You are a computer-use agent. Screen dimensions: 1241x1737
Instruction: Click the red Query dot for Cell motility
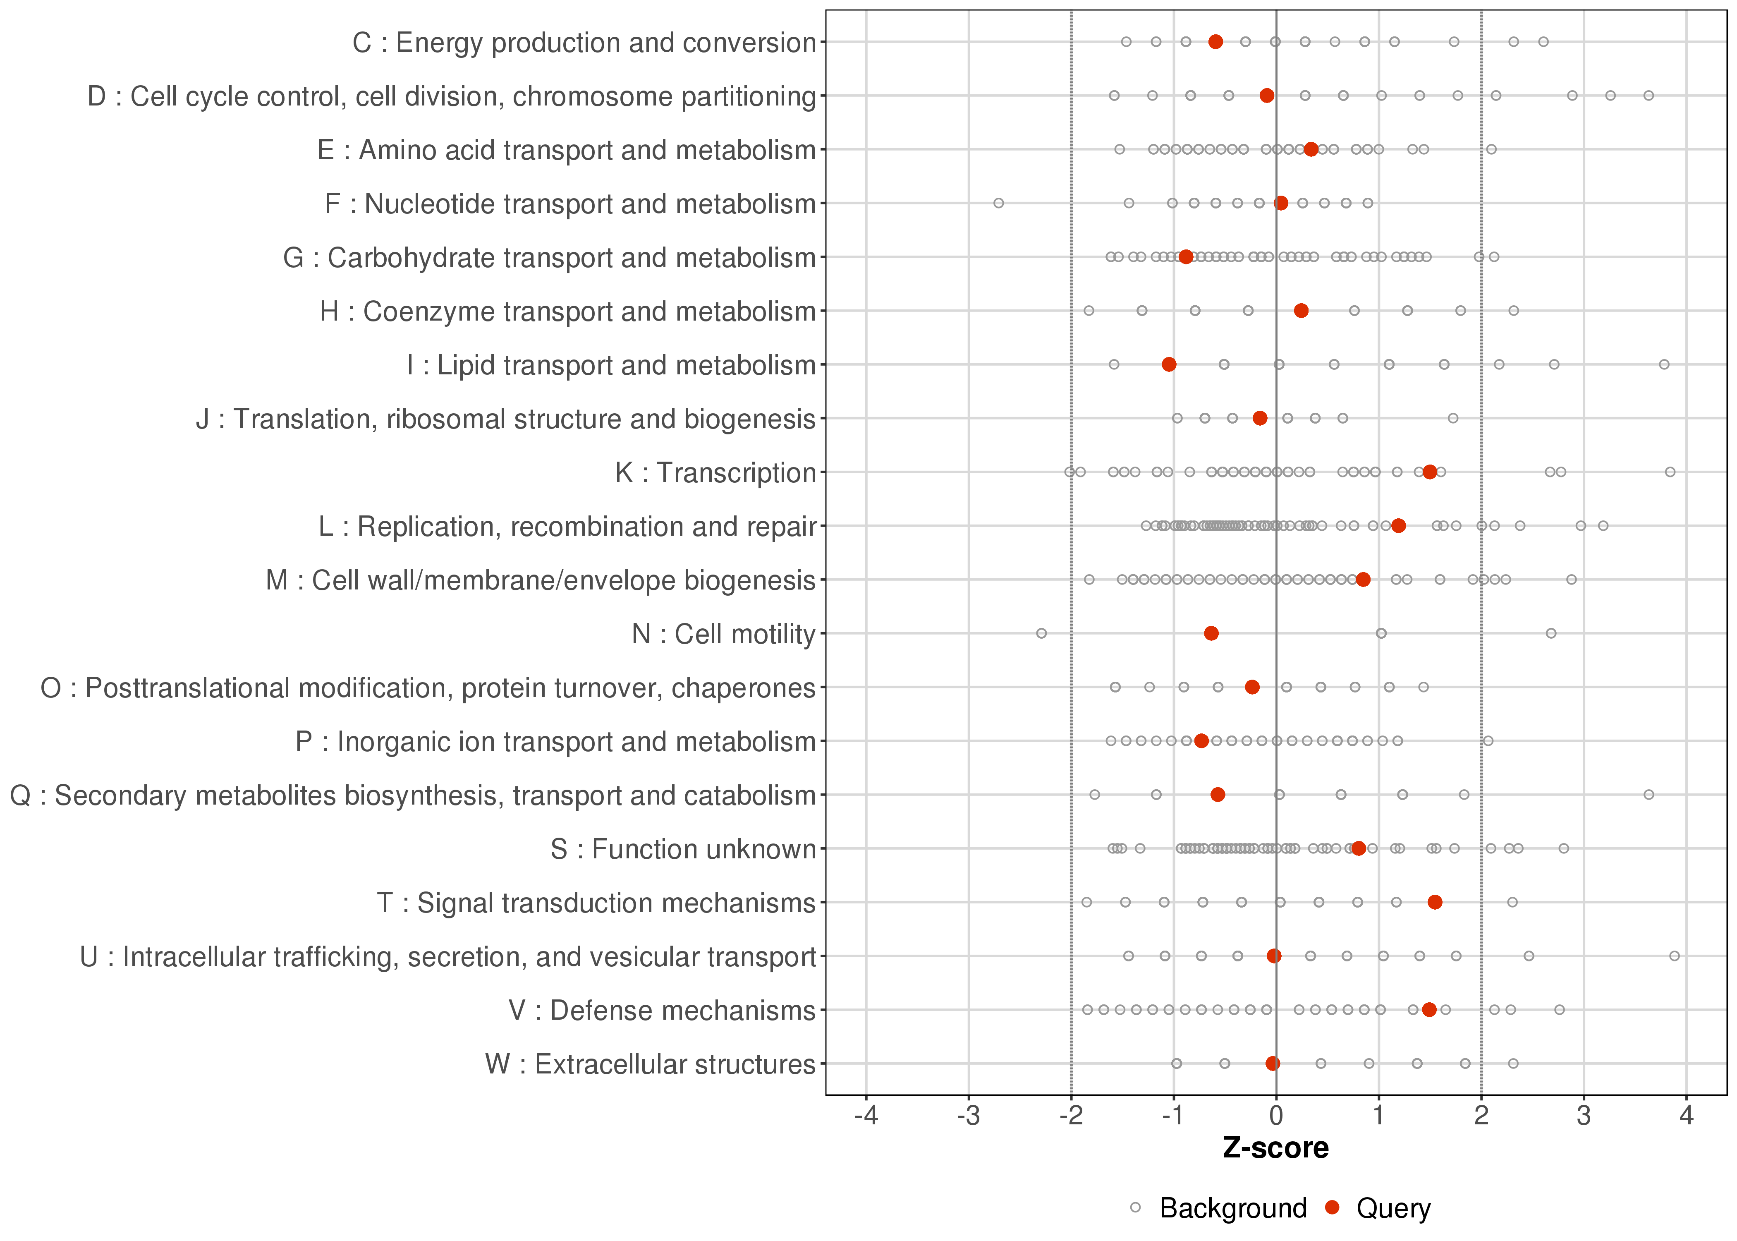pos(1211,633)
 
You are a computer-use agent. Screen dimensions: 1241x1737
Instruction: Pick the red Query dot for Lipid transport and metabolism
pos(1169,364)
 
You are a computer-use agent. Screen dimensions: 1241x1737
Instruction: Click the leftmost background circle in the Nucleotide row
pos(998,203)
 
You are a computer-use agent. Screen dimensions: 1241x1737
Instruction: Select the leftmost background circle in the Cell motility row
pos(1041,633)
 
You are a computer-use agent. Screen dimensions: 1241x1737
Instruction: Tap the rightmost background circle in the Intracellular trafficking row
pos(1675,956)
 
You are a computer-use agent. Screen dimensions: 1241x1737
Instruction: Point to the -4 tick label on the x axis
pos(866,1116)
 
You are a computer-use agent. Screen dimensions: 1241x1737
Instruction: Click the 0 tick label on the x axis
pos(1275,1116)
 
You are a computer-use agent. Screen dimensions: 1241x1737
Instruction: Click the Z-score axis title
pos(1275,1148)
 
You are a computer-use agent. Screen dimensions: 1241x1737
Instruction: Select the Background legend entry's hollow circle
pos(1135,1208)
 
